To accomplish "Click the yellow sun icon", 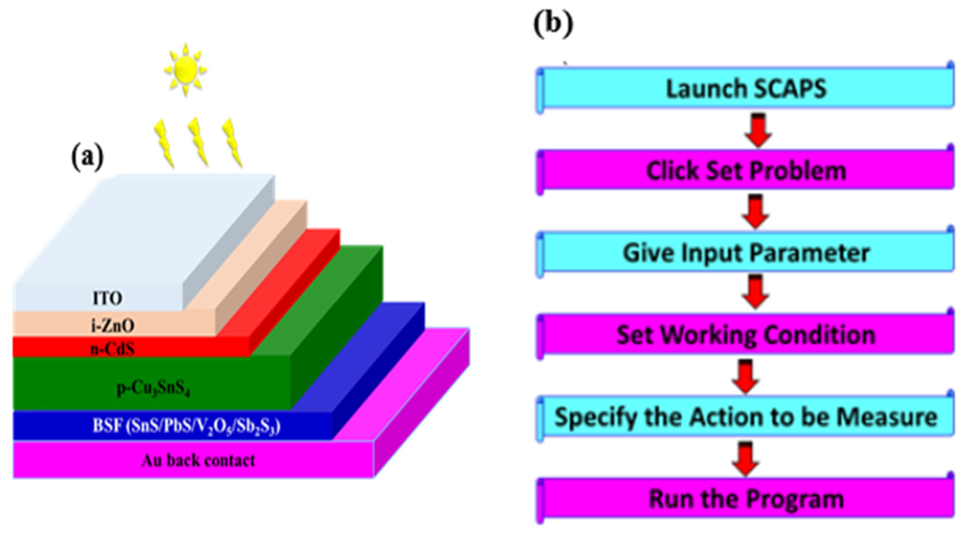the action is (x=185, y=69).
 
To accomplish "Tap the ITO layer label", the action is (x=107, y=298).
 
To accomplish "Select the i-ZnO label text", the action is (x=111, y=325).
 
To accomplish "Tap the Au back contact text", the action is (x=198, y=460).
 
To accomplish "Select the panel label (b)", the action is (x=553, y=23).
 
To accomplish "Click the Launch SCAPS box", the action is (x=746, y=88).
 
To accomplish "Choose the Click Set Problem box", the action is (x=746, y=170).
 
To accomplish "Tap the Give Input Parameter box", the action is (x=746, y=252).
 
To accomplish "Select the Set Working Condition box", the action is (x=746, y=335).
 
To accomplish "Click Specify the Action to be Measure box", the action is (x=746, y=417).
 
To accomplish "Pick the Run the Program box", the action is (x=746, y=498).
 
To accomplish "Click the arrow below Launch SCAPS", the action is (x=758, y=130).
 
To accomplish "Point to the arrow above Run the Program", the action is (x=746, y=459).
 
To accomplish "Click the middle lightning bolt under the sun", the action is (x=198, y=142).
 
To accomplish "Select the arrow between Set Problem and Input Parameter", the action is (x=755, y=212).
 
